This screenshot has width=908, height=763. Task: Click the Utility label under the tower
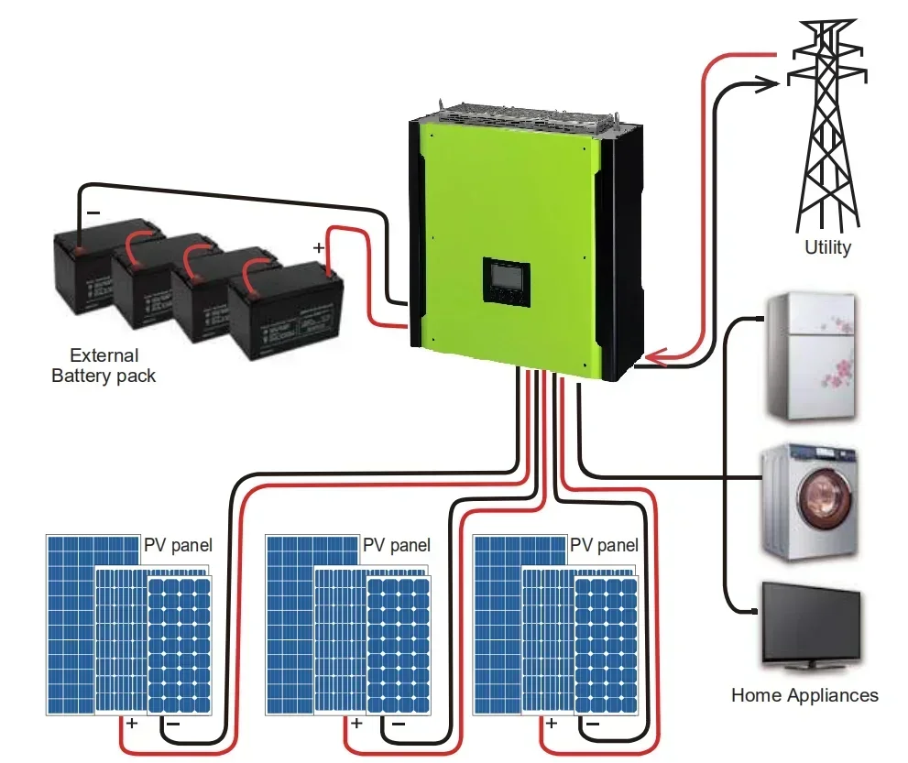pyautogui.click(x=827, y=246)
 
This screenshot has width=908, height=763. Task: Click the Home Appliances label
pyautogui.click(x=804, y=695)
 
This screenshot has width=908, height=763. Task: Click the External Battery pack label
pyautogui.click(x=104, y=365)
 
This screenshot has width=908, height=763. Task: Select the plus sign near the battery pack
pyautogui.click(x=319, y=247)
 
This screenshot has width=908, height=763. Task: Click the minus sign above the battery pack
pyautogui.click(x=93, y=212)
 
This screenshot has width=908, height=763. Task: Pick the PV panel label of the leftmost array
pyautogui.click(x=178, y=546)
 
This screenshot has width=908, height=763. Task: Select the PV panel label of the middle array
pyautogui.click(x=396, y=546)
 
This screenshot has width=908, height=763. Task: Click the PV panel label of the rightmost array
pyautogui.click(x=604, y=546)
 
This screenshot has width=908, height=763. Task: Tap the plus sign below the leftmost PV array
pyautogui.click(x=132, y=724)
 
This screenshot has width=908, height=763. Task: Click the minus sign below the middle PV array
pyautogui.click(x=398, y=724)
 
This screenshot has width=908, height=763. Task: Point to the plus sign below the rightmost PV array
pyautogui.click(x=551, y=724)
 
